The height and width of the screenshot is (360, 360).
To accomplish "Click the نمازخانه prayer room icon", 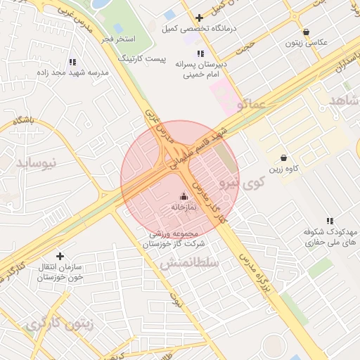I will click(x=184, y=196).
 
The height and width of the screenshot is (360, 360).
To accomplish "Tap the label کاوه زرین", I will click(x=283, y=169).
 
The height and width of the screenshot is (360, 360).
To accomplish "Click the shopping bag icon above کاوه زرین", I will click(x=283, y=157).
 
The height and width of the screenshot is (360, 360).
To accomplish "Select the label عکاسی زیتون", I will click(x=307, y=43).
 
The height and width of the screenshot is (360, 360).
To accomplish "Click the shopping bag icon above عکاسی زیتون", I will click(x=307, y=32).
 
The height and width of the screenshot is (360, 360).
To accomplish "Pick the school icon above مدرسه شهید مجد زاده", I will click(x=74, y=62).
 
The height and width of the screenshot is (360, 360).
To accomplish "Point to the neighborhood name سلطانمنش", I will click(x=190, y=262).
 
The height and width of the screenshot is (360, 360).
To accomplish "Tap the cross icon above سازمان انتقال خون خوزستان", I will click(x=60, y=256).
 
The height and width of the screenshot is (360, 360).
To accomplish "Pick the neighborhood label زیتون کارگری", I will click(x=59, y=325).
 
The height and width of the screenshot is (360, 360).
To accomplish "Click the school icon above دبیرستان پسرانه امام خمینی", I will click(x=200, y=53).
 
